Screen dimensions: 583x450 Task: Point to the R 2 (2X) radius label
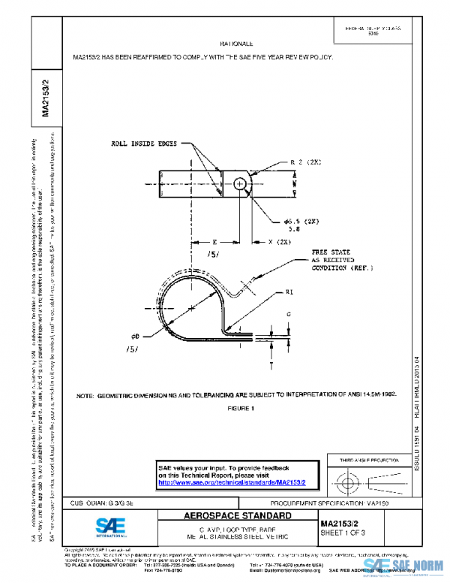click(x=303, y=162)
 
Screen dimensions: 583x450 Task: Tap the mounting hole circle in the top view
click(x=239, y=183)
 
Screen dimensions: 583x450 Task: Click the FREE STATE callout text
click(x=331, y=252)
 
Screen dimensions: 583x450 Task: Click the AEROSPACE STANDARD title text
click(x=238, y=516)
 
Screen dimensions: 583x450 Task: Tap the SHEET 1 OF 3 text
click(x=343, y=533)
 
